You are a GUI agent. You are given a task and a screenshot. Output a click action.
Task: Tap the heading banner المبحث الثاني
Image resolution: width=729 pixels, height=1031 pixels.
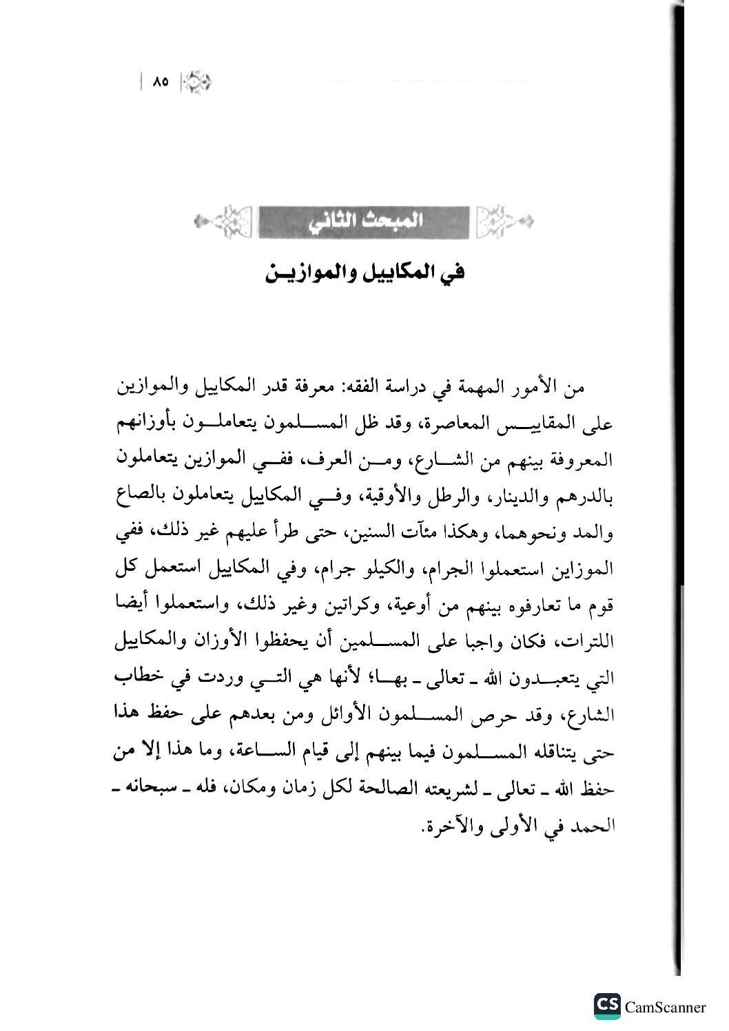pos(364,222)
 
